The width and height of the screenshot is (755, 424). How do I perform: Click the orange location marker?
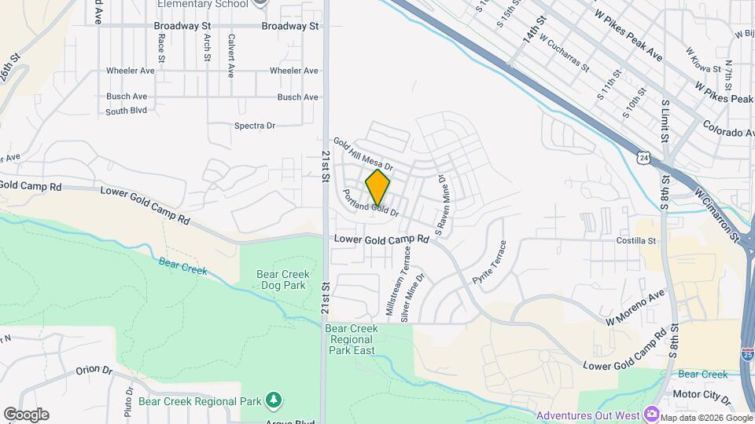coord(377,188)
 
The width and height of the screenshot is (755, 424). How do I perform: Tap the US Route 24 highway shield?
coord(644,159)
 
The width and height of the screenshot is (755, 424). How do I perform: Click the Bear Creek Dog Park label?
coord(281,280)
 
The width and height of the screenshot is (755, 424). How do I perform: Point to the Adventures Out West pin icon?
coord(652,413)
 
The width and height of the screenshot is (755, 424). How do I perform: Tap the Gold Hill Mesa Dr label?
coord(363,155)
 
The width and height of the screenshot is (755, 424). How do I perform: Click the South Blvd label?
coord(127,111)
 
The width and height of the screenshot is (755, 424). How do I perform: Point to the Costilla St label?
coord(636,241)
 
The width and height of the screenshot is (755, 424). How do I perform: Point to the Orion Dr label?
coord(95,370)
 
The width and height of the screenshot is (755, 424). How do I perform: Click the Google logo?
coord(26,415)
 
